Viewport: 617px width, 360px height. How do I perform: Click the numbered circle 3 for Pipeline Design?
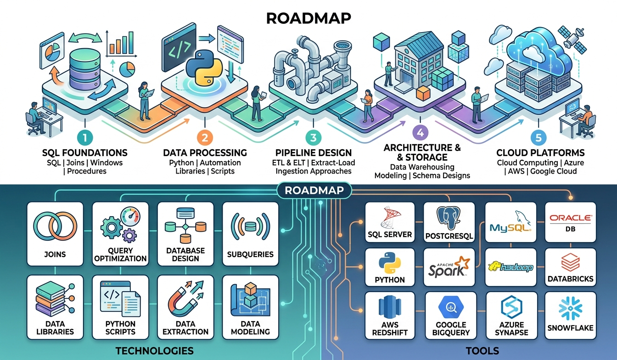(314, 137)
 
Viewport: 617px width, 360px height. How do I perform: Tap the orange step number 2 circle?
(205, 137)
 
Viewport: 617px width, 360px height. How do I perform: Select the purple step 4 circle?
(421, 133)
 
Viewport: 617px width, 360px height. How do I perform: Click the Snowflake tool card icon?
(570, 308)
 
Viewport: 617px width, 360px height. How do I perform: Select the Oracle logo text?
(571, 218)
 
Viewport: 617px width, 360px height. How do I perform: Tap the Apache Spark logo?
(449, 267)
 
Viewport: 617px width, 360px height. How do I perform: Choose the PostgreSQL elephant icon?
(449, 218)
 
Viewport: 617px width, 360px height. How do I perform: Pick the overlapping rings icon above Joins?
(55, 226)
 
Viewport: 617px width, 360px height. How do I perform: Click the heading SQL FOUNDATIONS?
(85, 152)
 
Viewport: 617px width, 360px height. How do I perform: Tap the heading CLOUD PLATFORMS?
(540, 152)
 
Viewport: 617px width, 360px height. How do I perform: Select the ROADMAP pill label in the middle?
(314, 190)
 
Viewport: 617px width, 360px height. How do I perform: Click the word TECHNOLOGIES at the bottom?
(154, 351)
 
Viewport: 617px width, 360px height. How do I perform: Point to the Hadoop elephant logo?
(510, 267)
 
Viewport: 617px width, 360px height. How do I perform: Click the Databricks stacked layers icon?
(570, 263)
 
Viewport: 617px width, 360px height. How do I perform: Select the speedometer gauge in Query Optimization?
(130, 217)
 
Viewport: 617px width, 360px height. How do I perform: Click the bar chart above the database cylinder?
(121, 44)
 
